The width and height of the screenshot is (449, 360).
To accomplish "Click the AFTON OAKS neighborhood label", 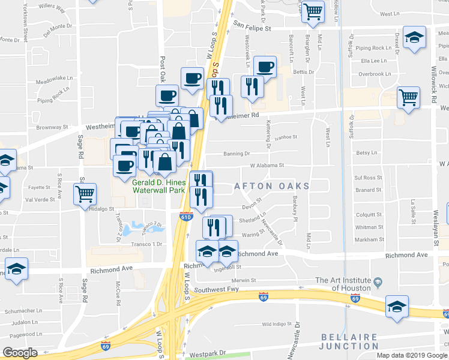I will (272, 187).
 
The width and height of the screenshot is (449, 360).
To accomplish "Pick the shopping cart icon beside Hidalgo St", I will (85, 194).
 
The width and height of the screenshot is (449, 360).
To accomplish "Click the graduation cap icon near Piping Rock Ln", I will (414, 38).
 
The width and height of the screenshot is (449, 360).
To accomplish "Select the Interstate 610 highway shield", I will (186, 217).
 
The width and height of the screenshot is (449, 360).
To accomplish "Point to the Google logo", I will (20, 352).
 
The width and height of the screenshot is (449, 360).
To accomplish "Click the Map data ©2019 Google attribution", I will (412, 355).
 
